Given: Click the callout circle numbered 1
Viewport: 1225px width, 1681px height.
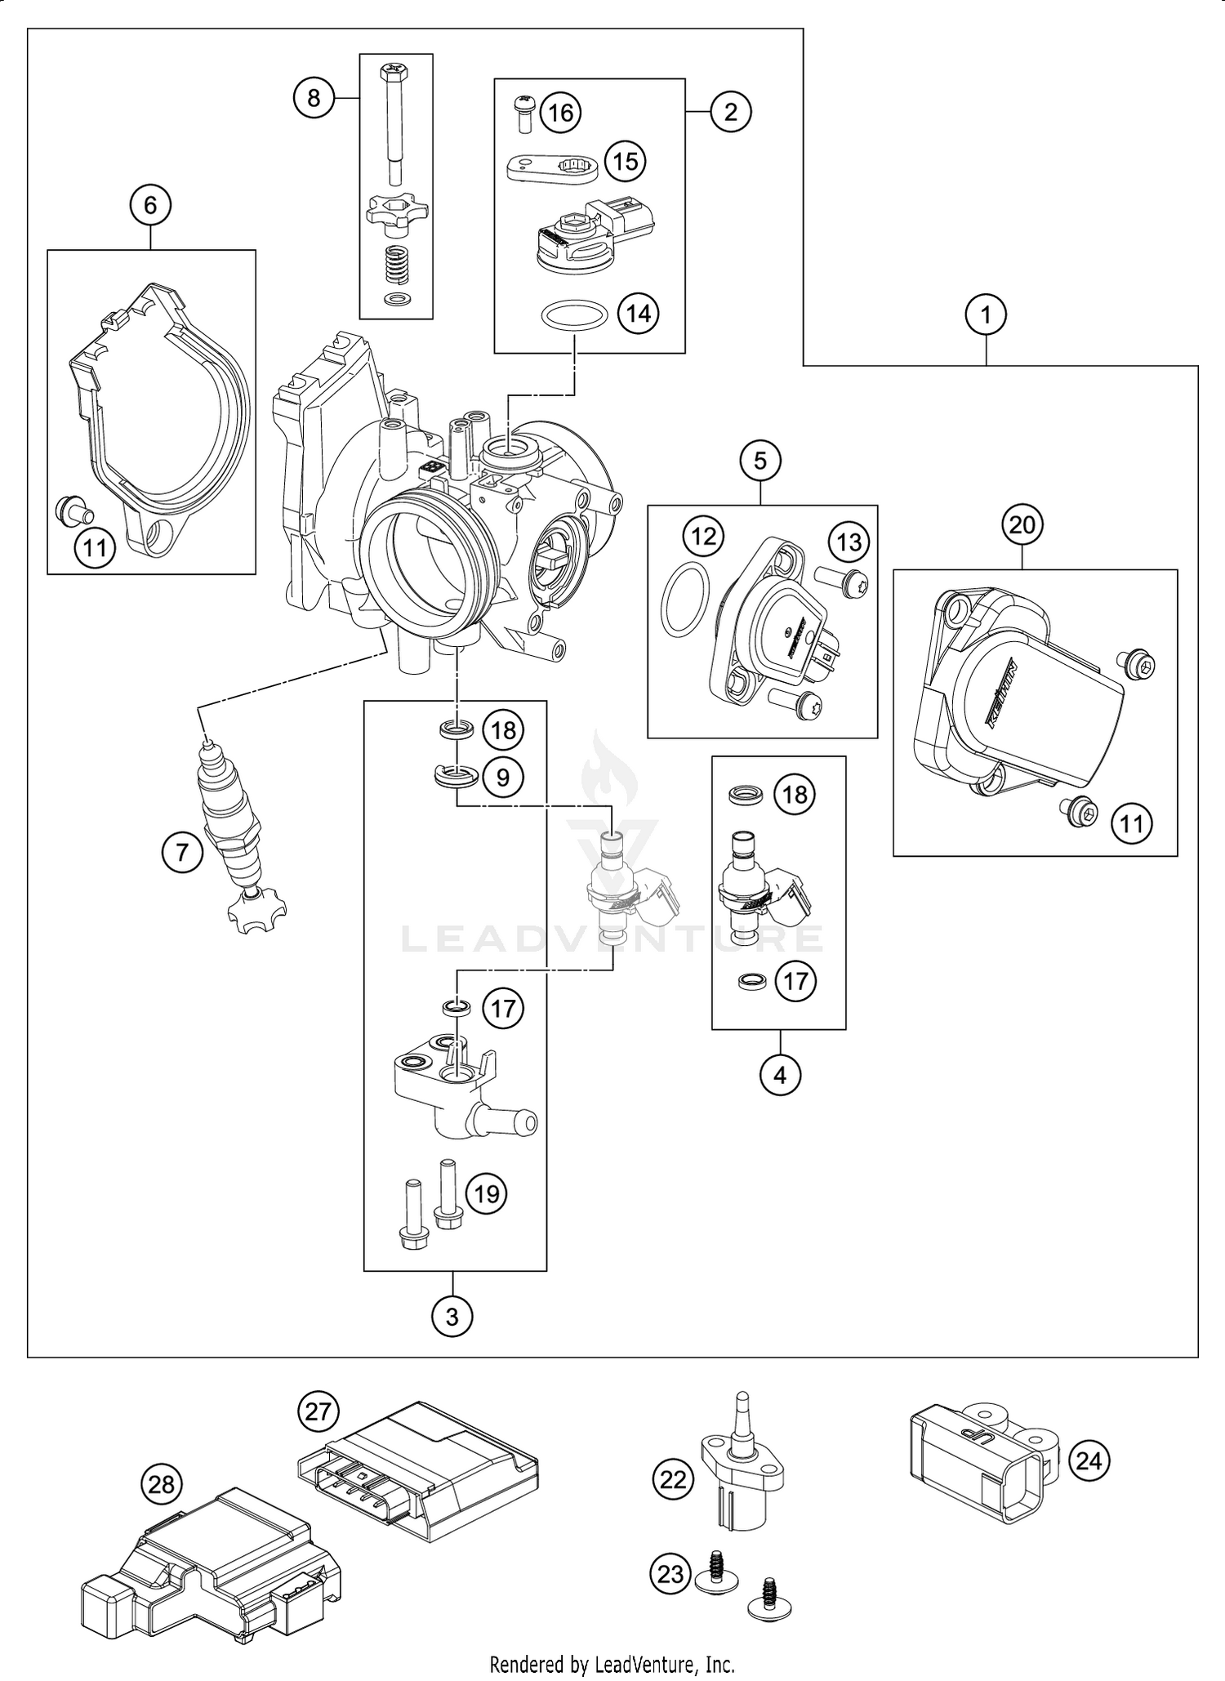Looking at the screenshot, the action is pos(986,314).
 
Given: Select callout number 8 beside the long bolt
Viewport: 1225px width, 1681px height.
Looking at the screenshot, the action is pos(314,98).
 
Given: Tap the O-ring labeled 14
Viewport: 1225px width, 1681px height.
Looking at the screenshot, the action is pos(575,316).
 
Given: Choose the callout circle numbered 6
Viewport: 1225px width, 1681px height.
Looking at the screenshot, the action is pos(150,205).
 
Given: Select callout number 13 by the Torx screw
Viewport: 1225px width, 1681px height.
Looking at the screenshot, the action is pos(849,542).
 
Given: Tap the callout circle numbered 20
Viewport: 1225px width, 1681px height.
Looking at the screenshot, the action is pos(1022,525).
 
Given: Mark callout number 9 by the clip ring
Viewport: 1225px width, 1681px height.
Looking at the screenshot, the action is pos(503,777).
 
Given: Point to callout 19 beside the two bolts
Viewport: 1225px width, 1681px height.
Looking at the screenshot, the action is pos(487,1194).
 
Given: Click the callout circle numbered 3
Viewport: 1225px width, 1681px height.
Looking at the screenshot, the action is pos(452,1315).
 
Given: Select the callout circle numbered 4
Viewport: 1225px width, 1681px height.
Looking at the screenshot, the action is pos(780,1075).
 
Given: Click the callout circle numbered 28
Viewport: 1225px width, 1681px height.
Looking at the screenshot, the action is pos(162,1484).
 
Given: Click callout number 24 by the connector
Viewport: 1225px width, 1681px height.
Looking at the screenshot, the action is pos(1089,1460).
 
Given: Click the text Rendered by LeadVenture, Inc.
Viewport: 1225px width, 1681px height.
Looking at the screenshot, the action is pos(612,1664).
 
